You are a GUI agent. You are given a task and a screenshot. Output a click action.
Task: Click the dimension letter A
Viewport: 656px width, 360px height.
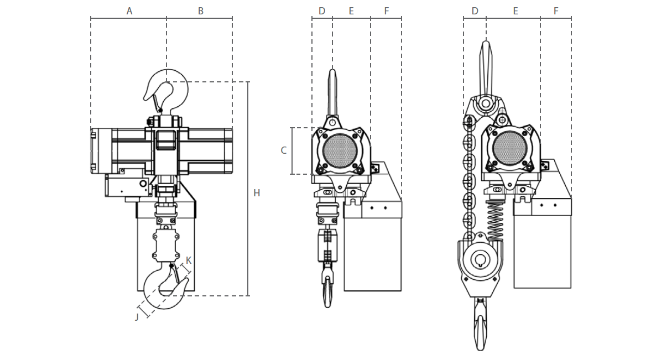pyautogui.click(x=129, y=11)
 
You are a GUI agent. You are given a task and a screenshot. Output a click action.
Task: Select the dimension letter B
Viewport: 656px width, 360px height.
pyautogui.click(x=201, y=11)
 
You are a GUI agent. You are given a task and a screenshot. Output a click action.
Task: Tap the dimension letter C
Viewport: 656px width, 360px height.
pyautogui.click(x=284, y=150)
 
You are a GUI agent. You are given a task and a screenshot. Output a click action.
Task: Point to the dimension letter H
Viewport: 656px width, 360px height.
pyautogui.click(x=257, y=193)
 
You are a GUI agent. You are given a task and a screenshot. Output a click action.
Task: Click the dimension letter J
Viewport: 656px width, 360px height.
pyautogui.click(x=137, y=316)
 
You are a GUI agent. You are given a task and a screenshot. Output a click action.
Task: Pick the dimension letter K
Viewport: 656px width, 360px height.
pyautogui.click(x=189, y=260)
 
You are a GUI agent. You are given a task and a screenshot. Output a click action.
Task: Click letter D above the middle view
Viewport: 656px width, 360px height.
pyautogui.click(x=322, y=11)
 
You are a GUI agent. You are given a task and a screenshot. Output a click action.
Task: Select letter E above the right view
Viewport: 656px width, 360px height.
pyautogui.click(x=516, y=11)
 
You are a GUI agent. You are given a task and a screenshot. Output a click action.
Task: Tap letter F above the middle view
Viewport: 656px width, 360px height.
pyautogui.click(x=386, y=11)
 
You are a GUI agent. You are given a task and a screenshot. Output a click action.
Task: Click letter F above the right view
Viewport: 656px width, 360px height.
pyautogui.click(x=556, y=11)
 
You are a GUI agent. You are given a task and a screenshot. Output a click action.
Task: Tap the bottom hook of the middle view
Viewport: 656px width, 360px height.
pyautogui.click(x=327, y=290)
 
